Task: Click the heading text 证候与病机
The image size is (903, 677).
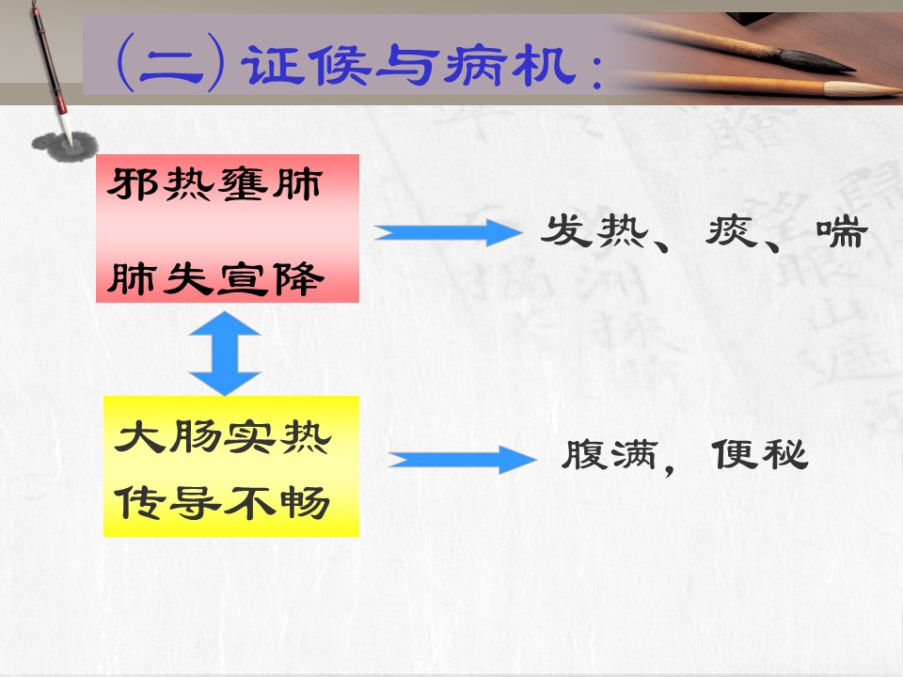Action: tap(409, 66)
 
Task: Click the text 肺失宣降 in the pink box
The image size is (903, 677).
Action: tap(215, 279)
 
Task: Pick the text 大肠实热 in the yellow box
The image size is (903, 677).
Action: tap(223, 437)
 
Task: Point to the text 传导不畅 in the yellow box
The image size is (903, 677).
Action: tap(222, 502)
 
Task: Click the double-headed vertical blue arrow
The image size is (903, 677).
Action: tap(225, 353)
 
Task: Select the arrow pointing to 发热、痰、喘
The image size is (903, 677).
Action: tap(448, 232)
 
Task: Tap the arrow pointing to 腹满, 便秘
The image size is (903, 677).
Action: tap(463, 460)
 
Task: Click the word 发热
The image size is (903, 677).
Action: tap(594, 231)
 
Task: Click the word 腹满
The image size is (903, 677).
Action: tap(610, 455)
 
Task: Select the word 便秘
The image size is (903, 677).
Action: tap(760, 454)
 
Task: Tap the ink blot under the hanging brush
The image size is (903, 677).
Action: tap(65, 147)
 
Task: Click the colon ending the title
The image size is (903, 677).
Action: tap(596, 72)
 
